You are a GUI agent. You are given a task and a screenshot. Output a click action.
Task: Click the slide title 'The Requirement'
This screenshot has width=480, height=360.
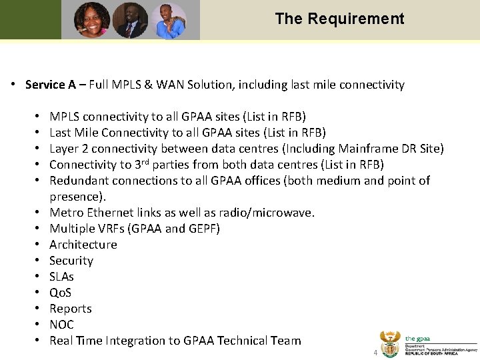339,19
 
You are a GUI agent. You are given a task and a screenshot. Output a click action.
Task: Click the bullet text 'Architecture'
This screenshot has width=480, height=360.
83,245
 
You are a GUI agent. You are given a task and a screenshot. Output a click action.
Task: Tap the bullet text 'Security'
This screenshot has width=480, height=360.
71,261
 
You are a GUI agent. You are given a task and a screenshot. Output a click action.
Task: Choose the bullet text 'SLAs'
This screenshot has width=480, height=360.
61,277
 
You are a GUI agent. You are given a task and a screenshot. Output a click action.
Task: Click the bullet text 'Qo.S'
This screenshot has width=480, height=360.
61,293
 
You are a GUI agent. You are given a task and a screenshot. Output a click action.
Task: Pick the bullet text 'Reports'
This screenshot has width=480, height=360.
71,309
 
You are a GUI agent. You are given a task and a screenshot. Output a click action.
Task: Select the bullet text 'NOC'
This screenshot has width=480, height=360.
61,325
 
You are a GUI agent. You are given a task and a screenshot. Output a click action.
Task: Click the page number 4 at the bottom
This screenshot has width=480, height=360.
375,353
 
